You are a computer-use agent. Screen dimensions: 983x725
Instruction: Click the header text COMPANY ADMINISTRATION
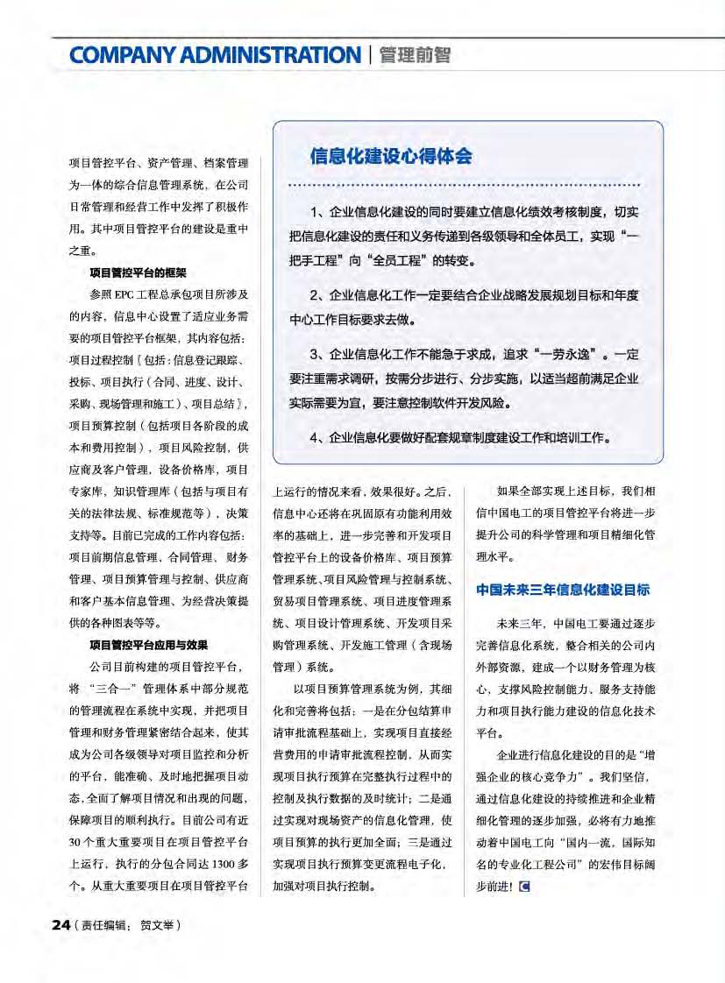[215, 55]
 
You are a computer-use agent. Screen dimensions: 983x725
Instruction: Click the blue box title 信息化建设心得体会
[391, 157]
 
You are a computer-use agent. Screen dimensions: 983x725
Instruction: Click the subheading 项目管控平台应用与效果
[148, 644]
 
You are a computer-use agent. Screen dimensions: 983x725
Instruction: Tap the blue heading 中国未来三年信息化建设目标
[563, 590]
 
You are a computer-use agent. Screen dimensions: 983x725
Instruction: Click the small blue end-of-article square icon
[524, 886]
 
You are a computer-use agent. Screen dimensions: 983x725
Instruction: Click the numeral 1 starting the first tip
[315, 213]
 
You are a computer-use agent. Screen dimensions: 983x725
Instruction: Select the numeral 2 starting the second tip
[315, 293]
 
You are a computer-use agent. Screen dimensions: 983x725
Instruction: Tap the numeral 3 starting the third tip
[315, 355]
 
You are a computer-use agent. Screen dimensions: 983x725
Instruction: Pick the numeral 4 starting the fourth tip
[315, 435]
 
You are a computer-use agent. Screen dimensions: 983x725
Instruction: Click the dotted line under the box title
[465, 187]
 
